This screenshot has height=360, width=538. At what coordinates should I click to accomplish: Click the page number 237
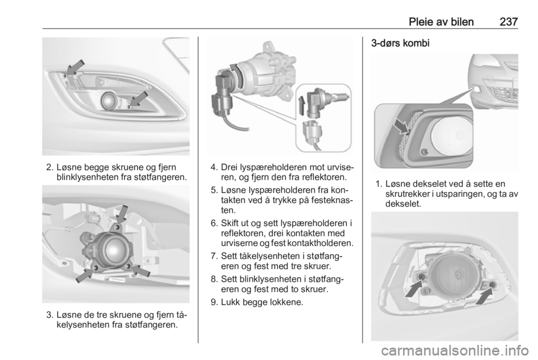[x=508, y=22]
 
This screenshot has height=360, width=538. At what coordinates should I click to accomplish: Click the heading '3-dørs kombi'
[x=400, y=44]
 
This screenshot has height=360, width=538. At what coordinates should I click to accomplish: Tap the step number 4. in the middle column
[x=214, y=168]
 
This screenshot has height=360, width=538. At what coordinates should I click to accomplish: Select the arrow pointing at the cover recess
[x=401, y=126]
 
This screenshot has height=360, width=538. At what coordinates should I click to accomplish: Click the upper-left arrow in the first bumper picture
[x=75, y=67]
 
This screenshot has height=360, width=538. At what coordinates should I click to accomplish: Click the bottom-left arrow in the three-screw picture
[x=84, y=275]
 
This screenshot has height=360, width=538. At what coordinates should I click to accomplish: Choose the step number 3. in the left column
[x=50, y=315]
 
